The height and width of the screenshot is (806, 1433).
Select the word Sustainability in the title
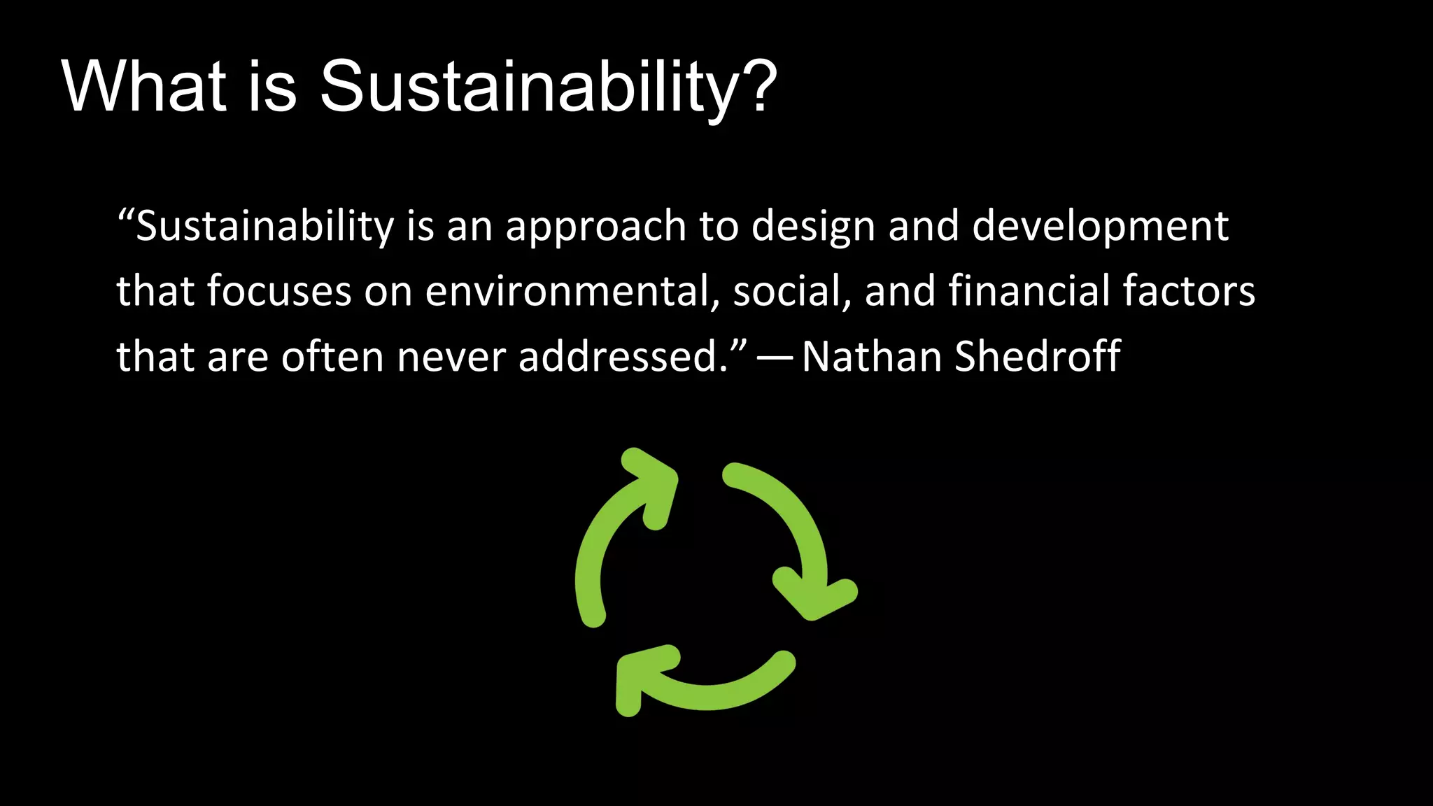point(529,87)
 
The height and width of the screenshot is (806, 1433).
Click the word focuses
point(278,291)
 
